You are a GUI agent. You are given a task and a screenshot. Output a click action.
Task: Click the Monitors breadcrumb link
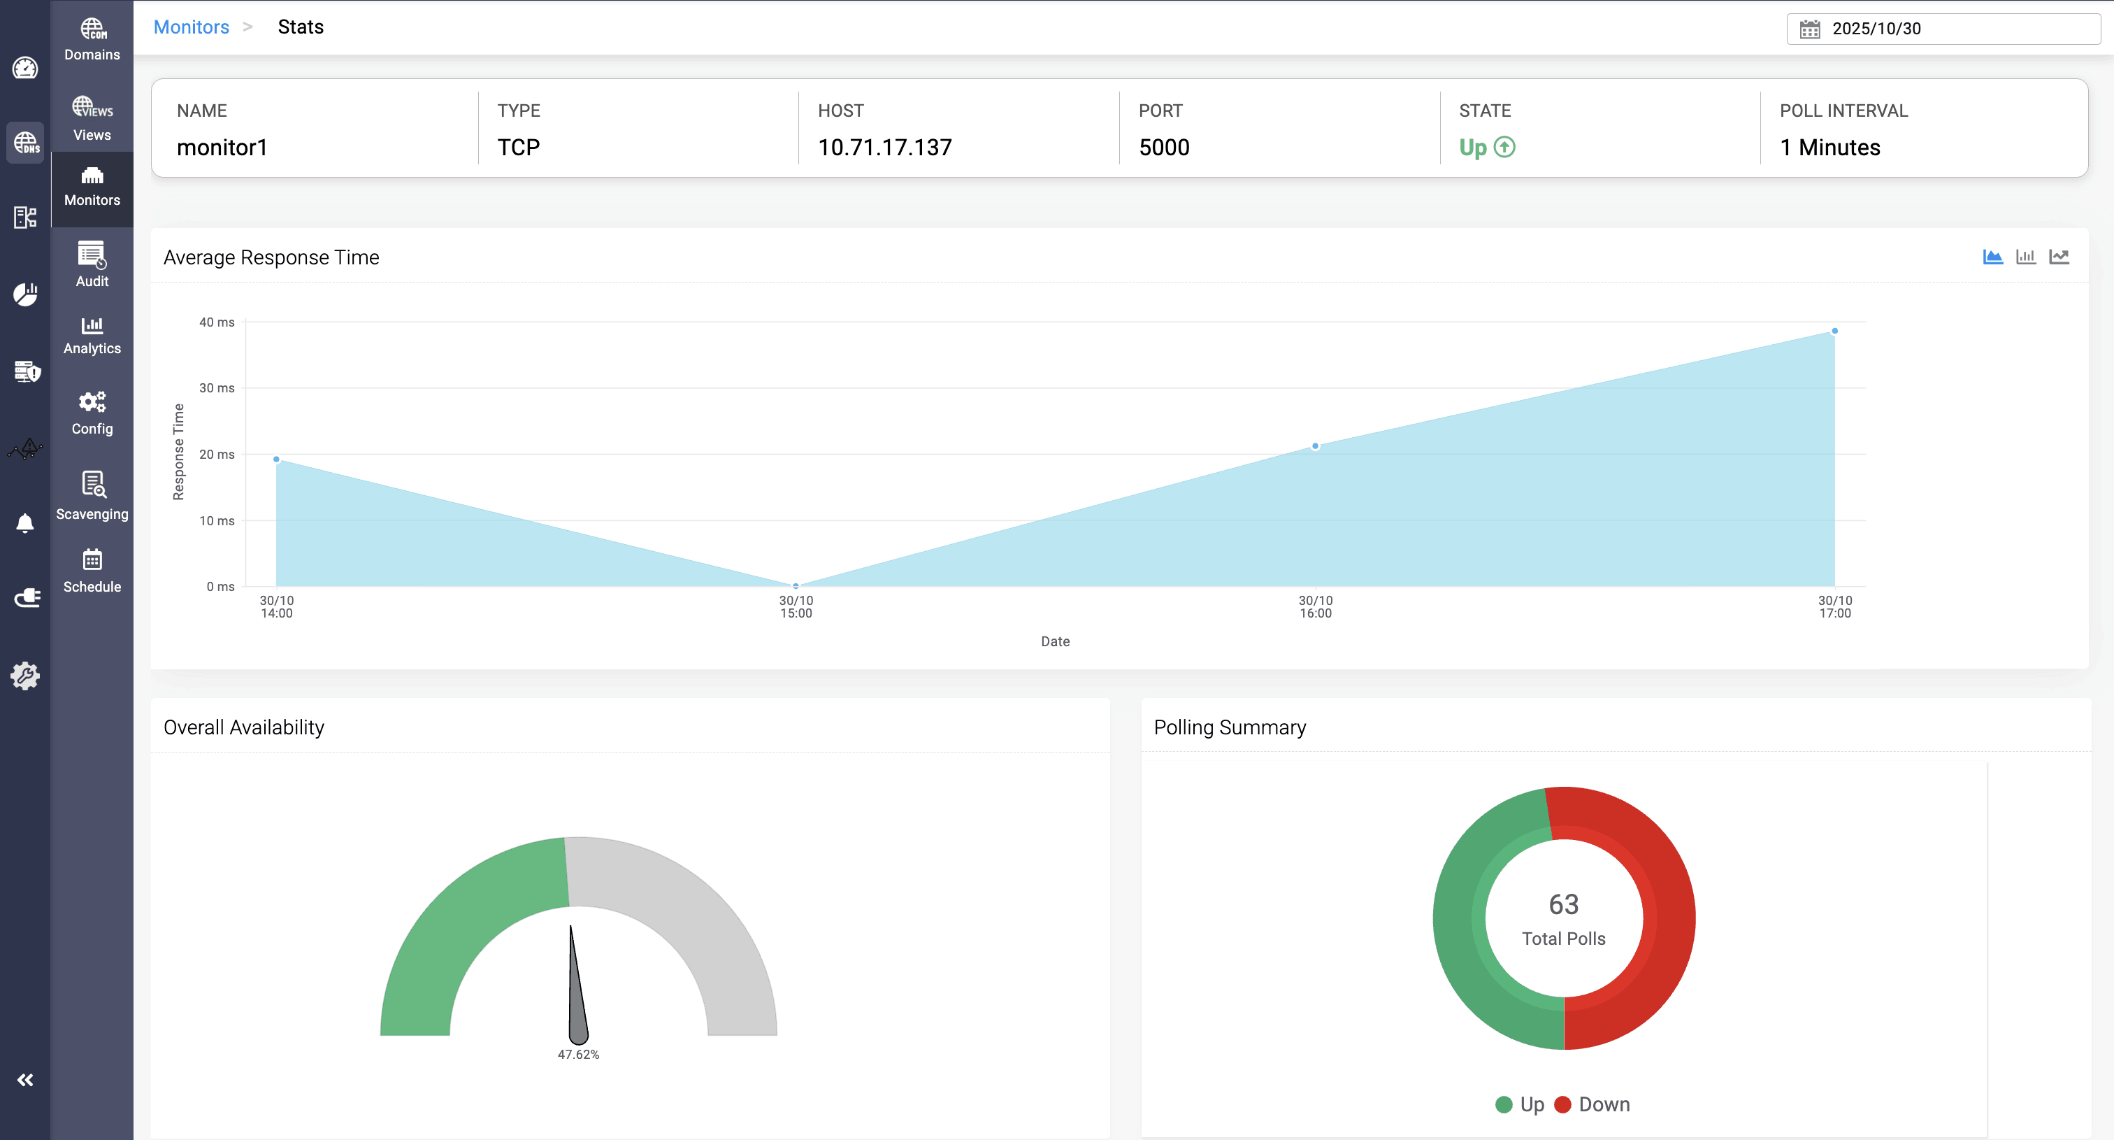point(192,27)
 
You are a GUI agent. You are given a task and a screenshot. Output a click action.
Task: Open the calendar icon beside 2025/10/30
point(1809,29)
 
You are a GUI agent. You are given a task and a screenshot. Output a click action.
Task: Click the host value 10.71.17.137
point(884,148)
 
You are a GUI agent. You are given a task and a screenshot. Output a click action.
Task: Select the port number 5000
point(1164,148)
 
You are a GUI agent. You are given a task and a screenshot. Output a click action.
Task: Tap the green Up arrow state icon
point(1504,147)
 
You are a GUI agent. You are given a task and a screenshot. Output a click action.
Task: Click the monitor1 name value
point(222,148)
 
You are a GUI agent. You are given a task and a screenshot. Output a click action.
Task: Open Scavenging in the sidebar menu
point(92,496)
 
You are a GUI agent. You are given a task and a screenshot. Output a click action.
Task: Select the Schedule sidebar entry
point(92,571)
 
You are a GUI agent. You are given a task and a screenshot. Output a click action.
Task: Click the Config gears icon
point(92,402)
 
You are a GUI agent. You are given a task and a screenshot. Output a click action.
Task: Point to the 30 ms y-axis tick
point(217,388)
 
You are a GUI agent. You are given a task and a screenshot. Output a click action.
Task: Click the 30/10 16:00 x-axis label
point(1316,606)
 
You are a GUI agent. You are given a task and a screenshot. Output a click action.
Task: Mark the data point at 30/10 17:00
point(1834,332)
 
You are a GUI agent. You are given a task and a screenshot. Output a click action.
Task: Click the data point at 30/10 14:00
point(277,459)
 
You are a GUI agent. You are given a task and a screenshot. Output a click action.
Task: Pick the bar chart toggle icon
point(2025,257)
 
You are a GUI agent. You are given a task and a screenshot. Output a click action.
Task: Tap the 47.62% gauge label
point(579,1055)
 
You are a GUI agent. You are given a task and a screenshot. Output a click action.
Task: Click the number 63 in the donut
point(1563,904)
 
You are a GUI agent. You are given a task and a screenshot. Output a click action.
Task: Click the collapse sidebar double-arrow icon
point(25,1080)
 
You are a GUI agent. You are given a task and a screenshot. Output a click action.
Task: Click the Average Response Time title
point(271,257)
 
